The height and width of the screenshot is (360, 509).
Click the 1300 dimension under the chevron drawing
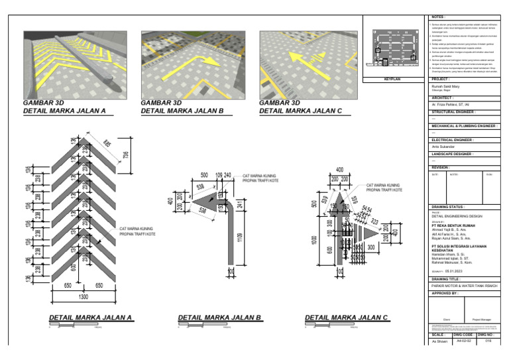coord(84,297)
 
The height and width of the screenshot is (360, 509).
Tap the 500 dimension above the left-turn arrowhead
coord(204,176)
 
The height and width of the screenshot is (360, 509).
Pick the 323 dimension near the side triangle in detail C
coord(374,221)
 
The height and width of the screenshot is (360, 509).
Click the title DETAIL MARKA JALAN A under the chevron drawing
coord(91,318)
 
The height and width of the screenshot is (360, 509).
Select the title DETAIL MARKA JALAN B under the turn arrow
coord(220,318)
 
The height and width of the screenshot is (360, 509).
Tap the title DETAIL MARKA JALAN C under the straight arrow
coord(346,318)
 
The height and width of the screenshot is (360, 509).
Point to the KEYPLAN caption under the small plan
coord(394,79)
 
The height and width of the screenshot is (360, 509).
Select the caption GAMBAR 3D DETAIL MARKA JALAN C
coord(300,107)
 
